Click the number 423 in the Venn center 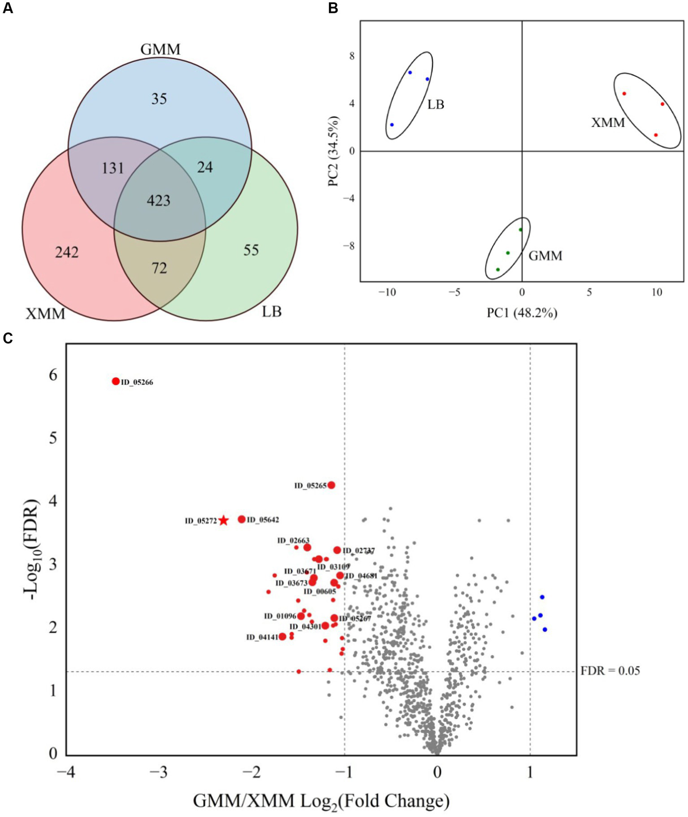click(159, 200)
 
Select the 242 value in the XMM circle click(67, 252)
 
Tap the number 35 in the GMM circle click(159, 99)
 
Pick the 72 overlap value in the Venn click(159, 268)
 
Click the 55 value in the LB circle click(251, 250)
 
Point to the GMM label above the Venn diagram click(160, 49)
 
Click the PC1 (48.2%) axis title click(522, 313)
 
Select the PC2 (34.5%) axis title click(334, 151)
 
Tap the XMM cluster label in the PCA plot click(608, 122)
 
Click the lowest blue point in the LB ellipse click(392, 125)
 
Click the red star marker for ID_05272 click(224, 521)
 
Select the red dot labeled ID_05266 click(116, 381)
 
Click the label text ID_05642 click(263, 520)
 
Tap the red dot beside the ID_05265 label click(331, 485)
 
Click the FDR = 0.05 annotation click(610, 671)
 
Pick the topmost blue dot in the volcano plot click(542, 597)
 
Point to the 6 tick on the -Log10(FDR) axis click(53, 375)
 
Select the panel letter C click(8, 338)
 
